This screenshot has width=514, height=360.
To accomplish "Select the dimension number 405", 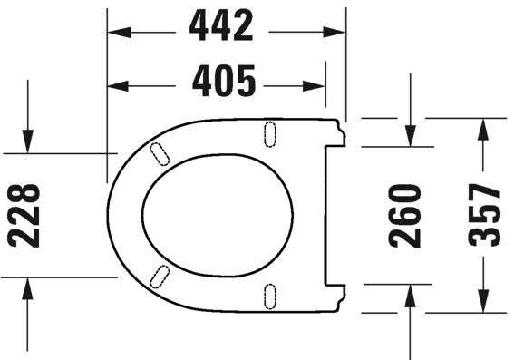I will (x=224, y=84).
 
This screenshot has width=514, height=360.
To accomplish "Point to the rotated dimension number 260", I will (x=405, y=215).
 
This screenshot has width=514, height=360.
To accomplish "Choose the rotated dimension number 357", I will (x=485, y=215).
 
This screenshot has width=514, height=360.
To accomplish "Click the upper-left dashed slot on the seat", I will (x=159, y=153).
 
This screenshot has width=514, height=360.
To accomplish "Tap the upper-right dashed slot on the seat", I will (x=269, y=133).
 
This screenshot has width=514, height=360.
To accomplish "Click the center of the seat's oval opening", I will (x=218, y=215).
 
